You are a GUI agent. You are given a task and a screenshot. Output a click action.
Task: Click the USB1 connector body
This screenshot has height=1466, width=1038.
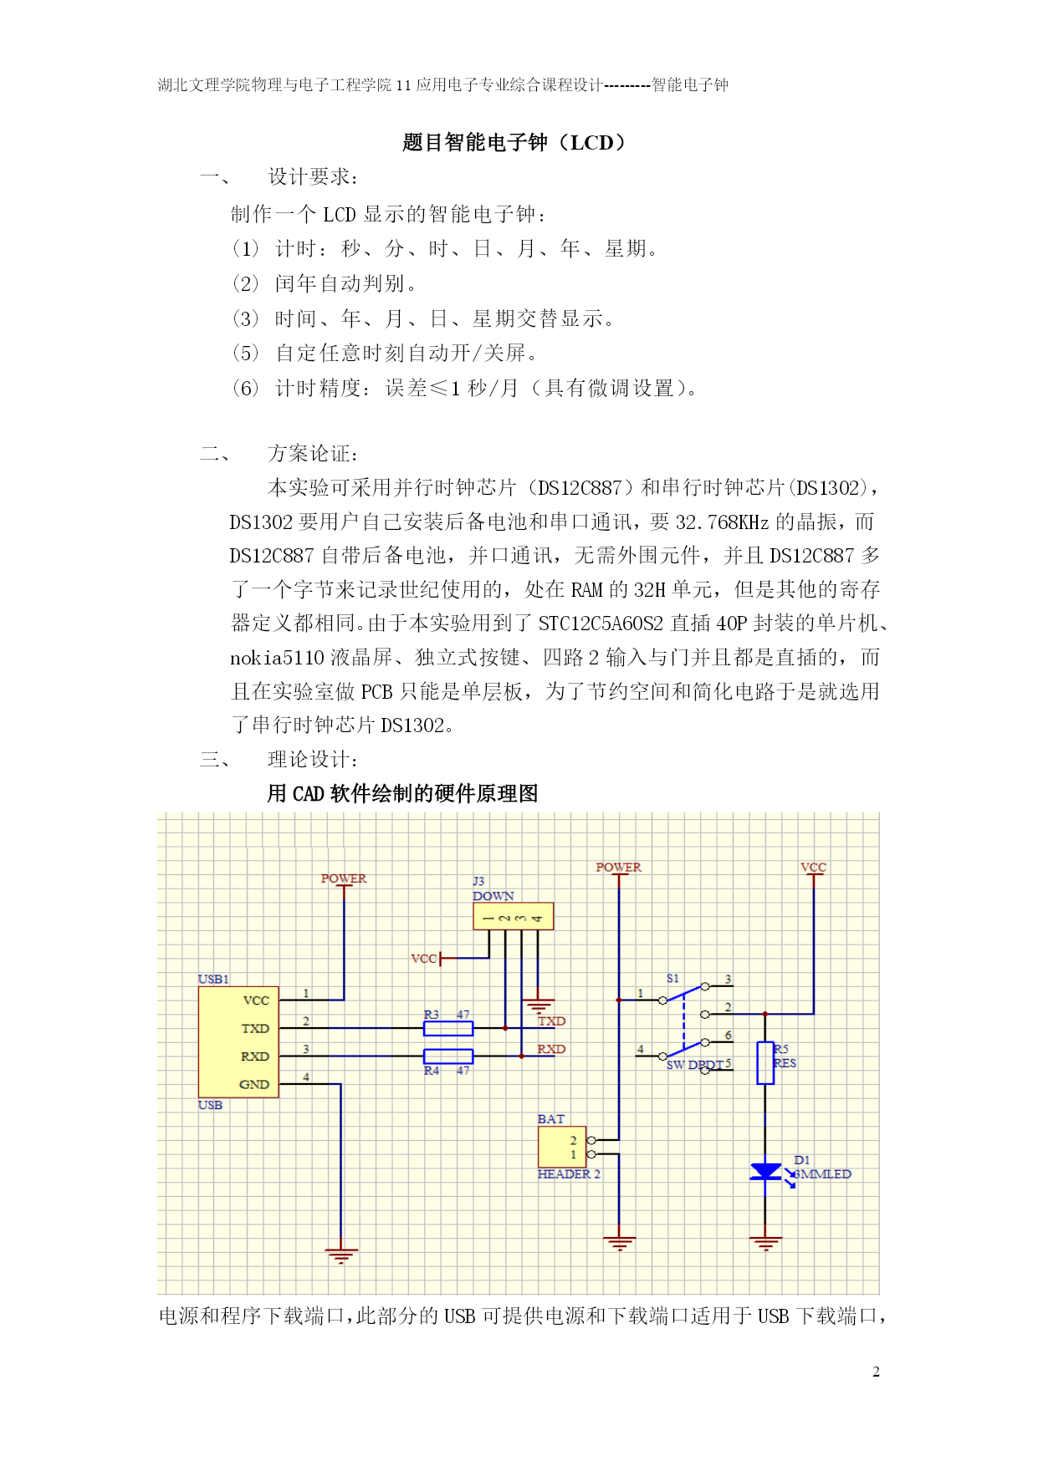(238, 1042)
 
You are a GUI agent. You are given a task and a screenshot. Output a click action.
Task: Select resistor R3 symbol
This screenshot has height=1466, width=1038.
(448, 1028)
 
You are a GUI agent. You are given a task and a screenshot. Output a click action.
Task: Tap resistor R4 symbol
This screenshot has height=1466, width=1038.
(448, 1056)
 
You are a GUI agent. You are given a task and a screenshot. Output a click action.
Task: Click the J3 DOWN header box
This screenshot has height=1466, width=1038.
(513, 916)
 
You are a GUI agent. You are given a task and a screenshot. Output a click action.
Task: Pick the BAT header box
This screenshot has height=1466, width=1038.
(562, 1147)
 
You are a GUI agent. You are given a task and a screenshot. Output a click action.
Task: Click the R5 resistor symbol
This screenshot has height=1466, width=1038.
(765, 1063)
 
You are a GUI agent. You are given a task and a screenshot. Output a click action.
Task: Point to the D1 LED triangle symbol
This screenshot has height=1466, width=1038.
(765, 1172)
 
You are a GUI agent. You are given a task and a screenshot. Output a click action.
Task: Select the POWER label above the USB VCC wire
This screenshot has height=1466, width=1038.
(344, 878)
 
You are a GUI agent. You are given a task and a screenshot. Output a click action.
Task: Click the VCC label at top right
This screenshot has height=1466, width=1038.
(813, 868)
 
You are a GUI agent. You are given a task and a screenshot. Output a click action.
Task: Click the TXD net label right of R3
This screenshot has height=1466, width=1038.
(552, 1021)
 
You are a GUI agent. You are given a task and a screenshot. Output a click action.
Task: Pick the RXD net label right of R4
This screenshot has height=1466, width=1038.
(551, 1049)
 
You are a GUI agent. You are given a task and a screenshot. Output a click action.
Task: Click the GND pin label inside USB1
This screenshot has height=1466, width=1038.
(254, 1085)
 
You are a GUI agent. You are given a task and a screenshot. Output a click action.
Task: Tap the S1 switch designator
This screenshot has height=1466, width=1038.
(673, 978)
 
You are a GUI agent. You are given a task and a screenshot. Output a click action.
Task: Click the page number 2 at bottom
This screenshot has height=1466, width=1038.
(876, 1372)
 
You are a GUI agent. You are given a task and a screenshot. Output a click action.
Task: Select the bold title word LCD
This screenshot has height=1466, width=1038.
(592, 143)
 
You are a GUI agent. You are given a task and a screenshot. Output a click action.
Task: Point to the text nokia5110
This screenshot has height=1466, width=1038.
(277, 658)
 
